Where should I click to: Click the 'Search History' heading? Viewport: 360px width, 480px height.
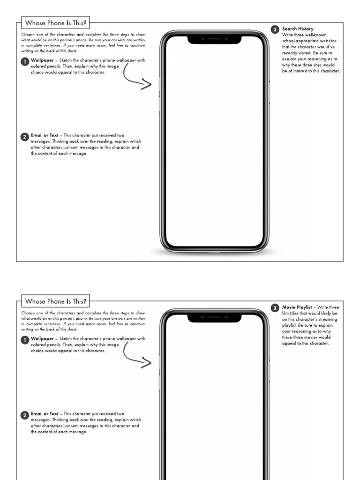(x=298, y=29)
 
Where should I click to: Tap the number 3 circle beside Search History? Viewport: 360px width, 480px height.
(x=275, y=30)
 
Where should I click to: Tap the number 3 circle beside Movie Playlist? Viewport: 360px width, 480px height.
(x=275, y=308)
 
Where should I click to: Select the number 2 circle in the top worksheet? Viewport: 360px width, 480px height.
(x=25, y=137)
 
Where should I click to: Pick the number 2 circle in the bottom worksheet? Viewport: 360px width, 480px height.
(x=25, y=415)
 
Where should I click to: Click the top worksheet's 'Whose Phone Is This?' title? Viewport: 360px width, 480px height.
(x=55, y=22)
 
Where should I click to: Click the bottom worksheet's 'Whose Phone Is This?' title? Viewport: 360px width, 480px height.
(x=55, y=301)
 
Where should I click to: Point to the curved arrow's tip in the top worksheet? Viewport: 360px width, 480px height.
(x=151, y=85)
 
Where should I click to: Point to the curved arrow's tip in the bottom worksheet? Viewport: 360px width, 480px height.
(x=151, y=363)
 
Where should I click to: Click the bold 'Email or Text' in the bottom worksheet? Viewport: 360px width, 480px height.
(x=45, y=413)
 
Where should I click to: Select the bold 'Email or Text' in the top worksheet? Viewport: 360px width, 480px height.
(x=45, y=135)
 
